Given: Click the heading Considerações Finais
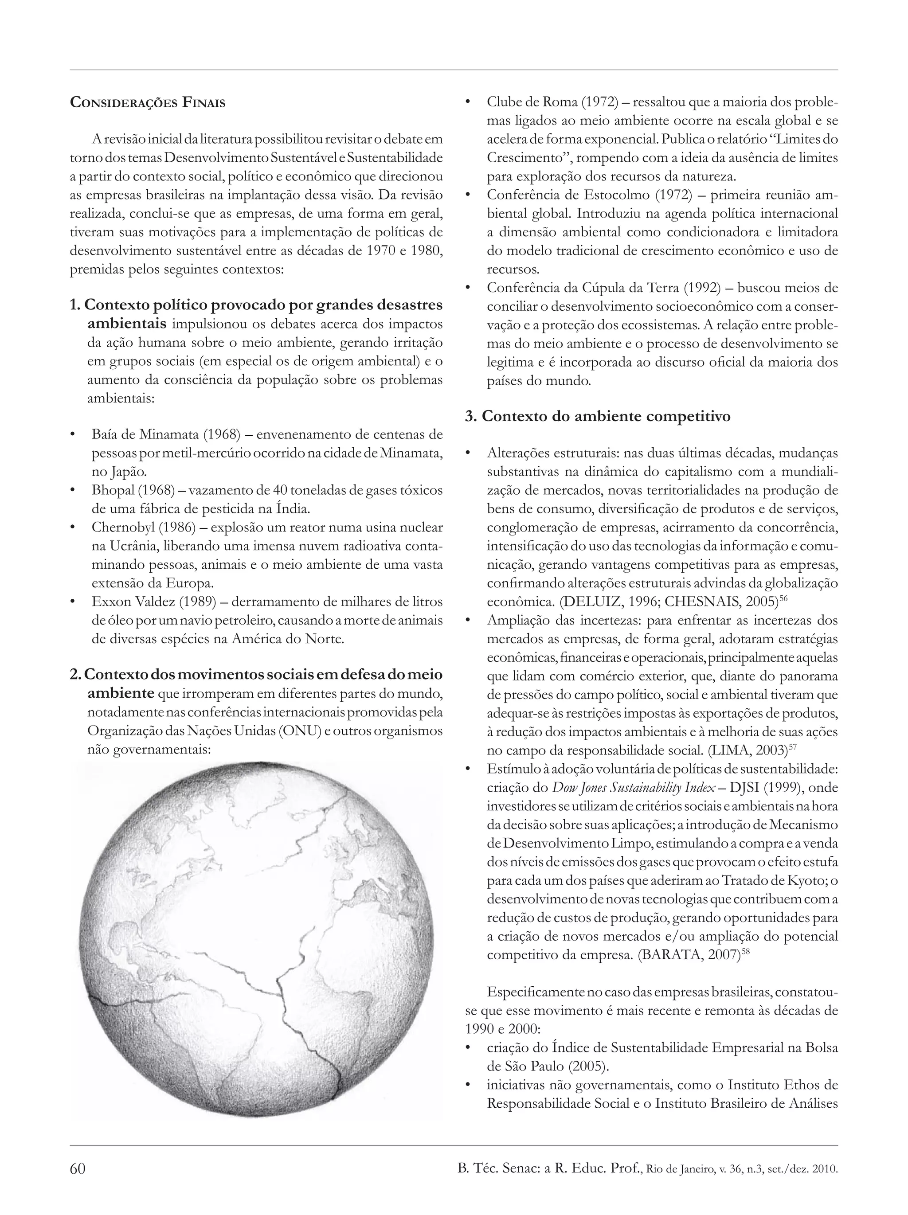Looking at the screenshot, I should click(148, 103).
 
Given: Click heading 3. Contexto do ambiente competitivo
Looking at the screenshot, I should click(598, 416).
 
